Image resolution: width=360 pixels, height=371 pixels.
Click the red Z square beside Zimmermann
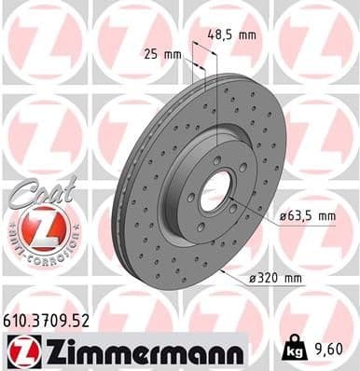pyautogui.click(x=20, y=350)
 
